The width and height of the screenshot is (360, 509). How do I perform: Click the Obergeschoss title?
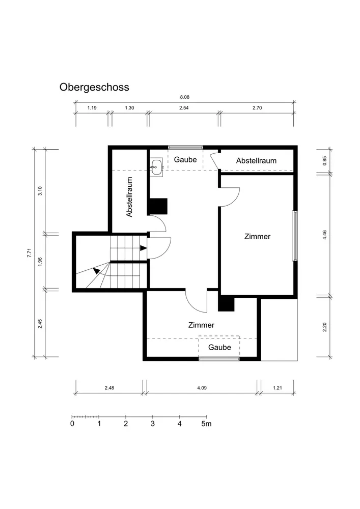[94, 88]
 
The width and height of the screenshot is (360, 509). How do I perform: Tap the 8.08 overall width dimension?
[185, 97]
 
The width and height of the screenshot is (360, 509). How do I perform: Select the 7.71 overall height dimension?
[29, 253]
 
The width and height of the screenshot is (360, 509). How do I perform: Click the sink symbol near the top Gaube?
[156, 167]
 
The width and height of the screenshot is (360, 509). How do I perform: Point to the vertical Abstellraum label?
[129, 196]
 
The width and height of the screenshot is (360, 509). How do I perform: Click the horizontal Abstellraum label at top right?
[256, 161]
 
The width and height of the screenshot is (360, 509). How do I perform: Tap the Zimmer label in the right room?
[258, 237]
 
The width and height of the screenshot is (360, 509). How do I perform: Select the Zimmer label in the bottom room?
[201, 325]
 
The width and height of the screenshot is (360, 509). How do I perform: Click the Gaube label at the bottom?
[220, 347]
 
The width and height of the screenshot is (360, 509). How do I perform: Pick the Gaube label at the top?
[185, 160]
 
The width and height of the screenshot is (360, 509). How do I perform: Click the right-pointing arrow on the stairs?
[144, 248]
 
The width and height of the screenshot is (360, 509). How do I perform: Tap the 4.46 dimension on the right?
[325, 235]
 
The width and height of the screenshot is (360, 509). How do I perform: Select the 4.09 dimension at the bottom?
[202, 387]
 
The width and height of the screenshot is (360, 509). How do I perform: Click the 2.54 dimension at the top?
[184, 108]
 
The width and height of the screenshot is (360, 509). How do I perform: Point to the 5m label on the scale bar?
[206, 423]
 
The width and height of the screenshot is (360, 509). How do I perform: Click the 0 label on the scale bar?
[72, 423]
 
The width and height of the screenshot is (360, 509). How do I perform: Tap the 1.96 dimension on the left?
[40, 262]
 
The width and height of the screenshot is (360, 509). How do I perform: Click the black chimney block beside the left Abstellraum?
[157, 207]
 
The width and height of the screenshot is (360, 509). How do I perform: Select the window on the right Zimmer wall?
[295, 236]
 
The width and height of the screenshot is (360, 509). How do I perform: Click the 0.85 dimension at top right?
[325, 161]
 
